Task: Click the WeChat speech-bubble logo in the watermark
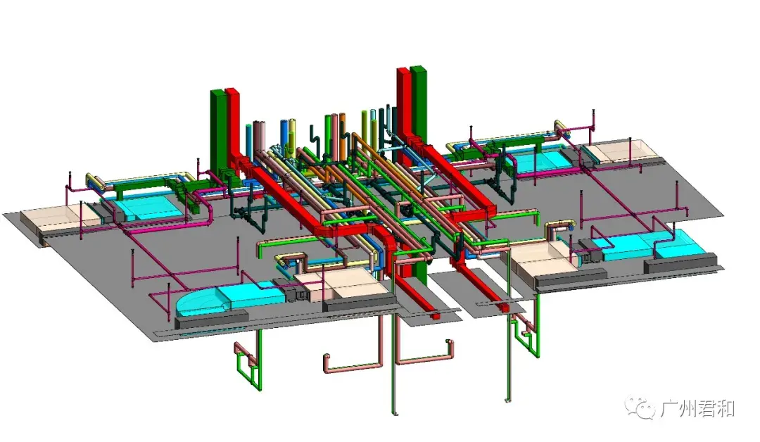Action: [x=640, y=408]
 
